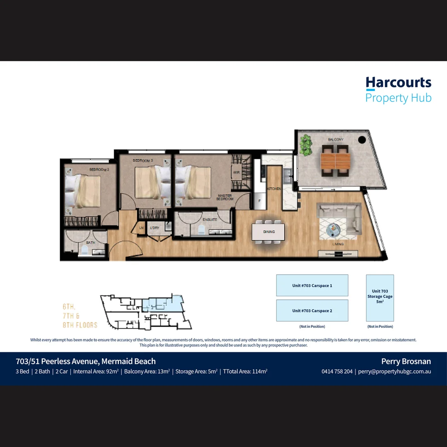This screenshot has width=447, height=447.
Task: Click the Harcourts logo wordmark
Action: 398,83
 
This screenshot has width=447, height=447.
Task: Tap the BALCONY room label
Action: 335,140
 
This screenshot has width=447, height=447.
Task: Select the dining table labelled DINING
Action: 269,232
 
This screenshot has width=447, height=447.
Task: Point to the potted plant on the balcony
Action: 306,145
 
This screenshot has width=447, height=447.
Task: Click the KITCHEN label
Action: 274,189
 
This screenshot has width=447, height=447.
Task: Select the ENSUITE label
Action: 210,219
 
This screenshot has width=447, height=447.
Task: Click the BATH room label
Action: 90,243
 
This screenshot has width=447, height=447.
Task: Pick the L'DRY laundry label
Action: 155,228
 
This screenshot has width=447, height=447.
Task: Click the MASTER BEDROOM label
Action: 225,197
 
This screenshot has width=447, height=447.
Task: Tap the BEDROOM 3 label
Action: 143,160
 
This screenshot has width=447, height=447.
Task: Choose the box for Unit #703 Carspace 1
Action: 312,286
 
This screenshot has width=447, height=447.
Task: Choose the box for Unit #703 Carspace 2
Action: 312,311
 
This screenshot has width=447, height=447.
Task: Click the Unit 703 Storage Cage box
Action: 380,298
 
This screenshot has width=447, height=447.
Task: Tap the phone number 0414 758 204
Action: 337,371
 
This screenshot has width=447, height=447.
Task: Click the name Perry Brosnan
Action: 406,361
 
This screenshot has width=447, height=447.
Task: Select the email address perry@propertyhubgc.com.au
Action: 394,371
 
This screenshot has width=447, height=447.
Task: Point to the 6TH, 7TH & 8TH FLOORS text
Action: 80,316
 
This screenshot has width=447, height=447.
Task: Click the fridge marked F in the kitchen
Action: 260,200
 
